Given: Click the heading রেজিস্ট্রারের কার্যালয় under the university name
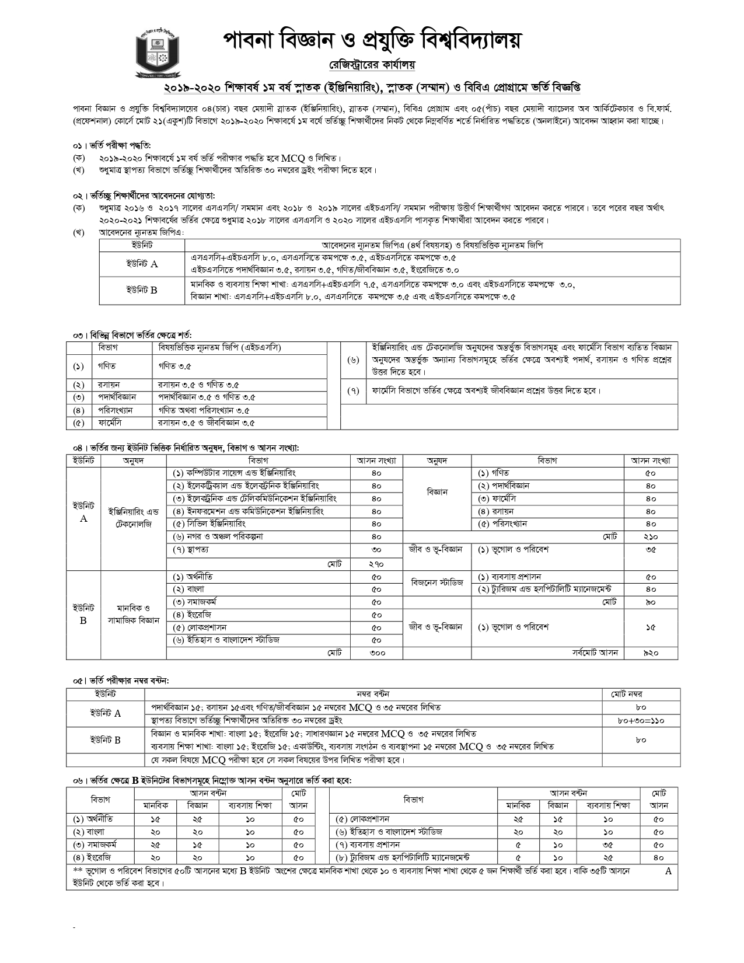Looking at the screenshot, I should (371, 63).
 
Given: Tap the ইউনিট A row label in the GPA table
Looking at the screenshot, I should (142, 264).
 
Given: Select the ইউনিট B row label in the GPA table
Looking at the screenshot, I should (142, 289).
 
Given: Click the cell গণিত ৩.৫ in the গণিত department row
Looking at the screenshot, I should (174, 366).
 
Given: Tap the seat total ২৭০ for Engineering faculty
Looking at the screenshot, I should (376, 564).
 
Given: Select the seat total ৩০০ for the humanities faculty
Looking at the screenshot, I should (377, 653).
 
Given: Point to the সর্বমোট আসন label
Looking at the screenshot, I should (595, 653).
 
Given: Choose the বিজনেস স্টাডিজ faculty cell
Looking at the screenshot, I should (436, 582).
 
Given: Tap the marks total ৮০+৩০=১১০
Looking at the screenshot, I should (641, 720).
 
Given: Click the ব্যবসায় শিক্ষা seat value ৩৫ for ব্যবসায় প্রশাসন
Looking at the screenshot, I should (608, 845).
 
